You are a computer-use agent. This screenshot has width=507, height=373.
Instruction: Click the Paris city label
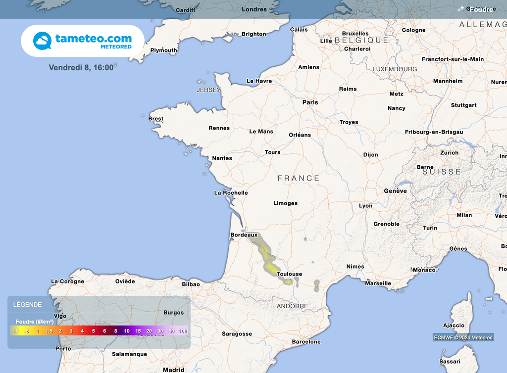310,102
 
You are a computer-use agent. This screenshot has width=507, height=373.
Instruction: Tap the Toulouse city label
289,274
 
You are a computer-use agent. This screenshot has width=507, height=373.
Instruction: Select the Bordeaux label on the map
244,235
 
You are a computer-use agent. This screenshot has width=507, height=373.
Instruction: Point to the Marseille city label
378,283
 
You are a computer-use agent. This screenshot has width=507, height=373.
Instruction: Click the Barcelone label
306,342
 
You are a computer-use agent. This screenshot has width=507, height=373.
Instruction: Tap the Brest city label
155,119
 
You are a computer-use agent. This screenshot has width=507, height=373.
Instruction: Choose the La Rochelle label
231,193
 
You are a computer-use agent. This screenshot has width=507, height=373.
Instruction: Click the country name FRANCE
299,178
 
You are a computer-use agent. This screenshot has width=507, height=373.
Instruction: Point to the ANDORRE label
292,306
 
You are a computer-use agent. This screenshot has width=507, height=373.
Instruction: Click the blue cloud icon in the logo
42,41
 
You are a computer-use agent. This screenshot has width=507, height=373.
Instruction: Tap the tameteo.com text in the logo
94,38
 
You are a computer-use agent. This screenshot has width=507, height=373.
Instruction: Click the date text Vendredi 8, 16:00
81,67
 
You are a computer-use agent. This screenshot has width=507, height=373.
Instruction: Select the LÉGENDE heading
27,305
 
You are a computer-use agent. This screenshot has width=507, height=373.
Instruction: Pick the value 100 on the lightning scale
183,331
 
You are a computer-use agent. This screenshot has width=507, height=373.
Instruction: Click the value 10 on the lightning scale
127,331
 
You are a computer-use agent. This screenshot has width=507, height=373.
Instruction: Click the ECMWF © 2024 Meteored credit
463,338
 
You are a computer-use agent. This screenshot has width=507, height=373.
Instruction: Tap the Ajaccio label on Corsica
454,326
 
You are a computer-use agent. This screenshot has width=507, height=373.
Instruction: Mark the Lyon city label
365,206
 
